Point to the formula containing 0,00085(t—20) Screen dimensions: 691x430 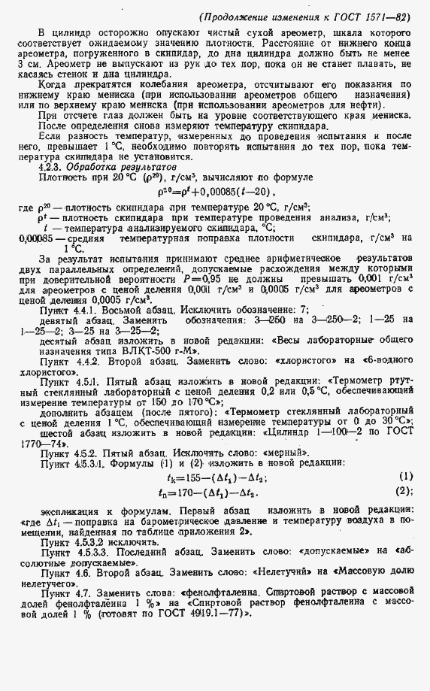(x=218, y=192)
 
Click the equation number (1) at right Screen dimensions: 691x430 (x=406, y=477)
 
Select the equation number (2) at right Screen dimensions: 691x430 (x=406, y=492)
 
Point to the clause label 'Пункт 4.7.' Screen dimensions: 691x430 (x=60, y=593)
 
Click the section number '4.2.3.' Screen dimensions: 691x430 (x=53, y=166)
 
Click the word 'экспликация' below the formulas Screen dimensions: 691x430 (x=65, y=511)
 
